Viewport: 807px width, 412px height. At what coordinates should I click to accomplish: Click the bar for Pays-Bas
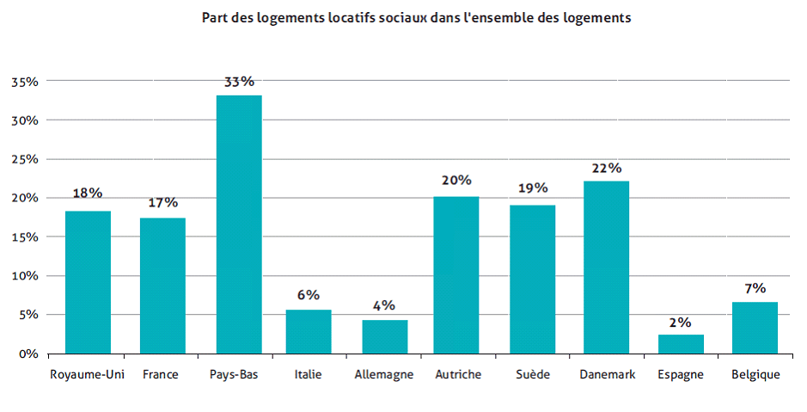[x=239, y=224]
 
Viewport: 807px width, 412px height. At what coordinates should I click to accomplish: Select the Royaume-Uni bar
[x=88, y=282]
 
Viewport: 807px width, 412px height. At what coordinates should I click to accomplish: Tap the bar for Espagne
[x=681, y=344]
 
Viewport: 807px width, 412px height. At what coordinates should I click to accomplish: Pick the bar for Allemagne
[x=384, y=336]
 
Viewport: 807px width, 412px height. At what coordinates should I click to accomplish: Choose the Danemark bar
[x=606, y=267]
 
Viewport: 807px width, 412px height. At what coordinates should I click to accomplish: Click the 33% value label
[x=239, y=82]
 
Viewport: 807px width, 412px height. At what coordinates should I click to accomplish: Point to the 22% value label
[x=607, y=168]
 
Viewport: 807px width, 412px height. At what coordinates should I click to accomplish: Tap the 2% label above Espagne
[x=681, y=322]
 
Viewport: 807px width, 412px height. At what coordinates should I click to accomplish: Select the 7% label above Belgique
[x=755, y=288]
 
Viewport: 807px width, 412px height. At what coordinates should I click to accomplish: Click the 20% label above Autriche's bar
[x=456, y=181]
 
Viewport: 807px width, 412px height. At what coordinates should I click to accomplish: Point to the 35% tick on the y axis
[x=24, y=82]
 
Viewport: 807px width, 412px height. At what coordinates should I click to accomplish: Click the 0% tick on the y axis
[x=28, y=354]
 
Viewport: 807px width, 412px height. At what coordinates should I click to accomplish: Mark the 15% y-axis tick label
[x=24, y=237]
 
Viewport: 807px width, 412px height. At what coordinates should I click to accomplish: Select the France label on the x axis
[x=162, y=374]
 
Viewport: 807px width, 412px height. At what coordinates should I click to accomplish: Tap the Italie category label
[x=308, y=374]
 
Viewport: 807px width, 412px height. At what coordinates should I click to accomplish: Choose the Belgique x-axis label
[x=755, y=374]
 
